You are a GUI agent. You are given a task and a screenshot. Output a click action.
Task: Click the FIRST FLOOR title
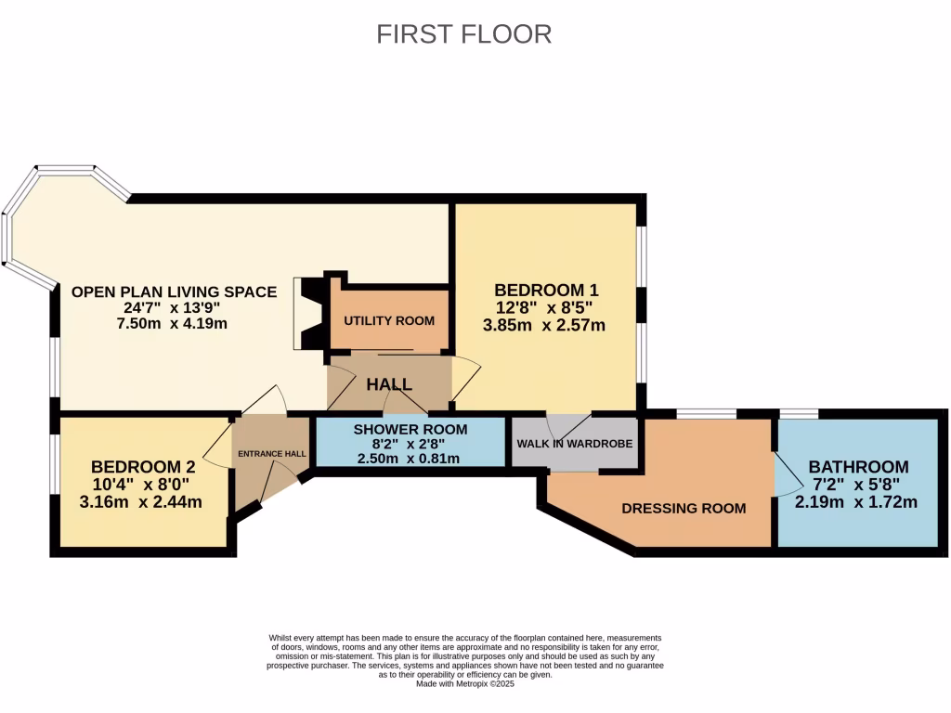click(463, 34)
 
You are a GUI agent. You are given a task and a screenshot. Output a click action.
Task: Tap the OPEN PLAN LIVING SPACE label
click(175, 292)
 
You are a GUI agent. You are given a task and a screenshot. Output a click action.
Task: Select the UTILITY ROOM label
click(389, 321)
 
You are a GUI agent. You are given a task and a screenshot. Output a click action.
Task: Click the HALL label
click(390, 384)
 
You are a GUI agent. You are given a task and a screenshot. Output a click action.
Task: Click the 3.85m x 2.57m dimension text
click(544, 325)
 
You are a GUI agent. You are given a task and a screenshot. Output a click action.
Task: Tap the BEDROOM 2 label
click(137, 466)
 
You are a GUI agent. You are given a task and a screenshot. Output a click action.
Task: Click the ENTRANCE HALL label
click(271, 454)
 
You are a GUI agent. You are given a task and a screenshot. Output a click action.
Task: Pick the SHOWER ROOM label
click(410, 429)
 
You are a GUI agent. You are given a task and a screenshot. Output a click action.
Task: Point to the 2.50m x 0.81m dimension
click(410, 458)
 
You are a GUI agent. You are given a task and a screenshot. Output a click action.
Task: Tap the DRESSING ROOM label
click(684, 508)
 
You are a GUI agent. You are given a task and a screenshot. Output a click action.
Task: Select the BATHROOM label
click(858, 466)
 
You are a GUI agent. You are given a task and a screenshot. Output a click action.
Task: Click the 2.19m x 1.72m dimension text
click(856, 502)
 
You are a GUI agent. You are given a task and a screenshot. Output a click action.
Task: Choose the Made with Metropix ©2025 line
click(464, 683)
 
